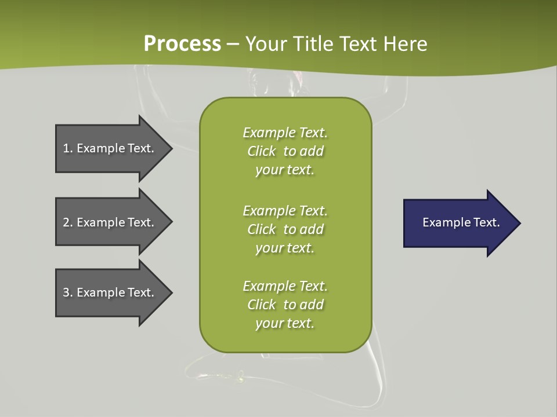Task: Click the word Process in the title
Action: [x=182, y=43]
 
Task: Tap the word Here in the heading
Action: [x=406, y=43]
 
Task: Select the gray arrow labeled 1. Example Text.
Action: [x=110, y=148]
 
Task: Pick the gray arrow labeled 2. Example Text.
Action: [x=110, y=222]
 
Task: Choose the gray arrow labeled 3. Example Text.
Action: [x=110, y=292]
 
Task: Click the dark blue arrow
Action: [x=458, y=223]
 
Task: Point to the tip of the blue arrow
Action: [x=519, y=223]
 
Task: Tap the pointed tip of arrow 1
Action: [x=171, y=148]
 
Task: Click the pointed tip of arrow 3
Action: [x=171, y=292]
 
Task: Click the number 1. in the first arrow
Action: [x=68, y=148]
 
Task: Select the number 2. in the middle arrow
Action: [x=68, y=222]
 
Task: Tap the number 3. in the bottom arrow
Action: [x=68, y=292]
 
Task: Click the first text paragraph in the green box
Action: [x=285, y=151]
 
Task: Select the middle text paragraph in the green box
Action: [x=285, y=229]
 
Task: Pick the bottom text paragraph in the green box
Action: [x=285, y=305]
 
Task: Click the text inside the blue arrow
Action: [x=461, y=222]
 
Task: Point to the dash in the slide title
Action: [x=233, y=44]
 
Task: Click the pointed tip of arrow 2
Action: [x=171, y=222]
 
